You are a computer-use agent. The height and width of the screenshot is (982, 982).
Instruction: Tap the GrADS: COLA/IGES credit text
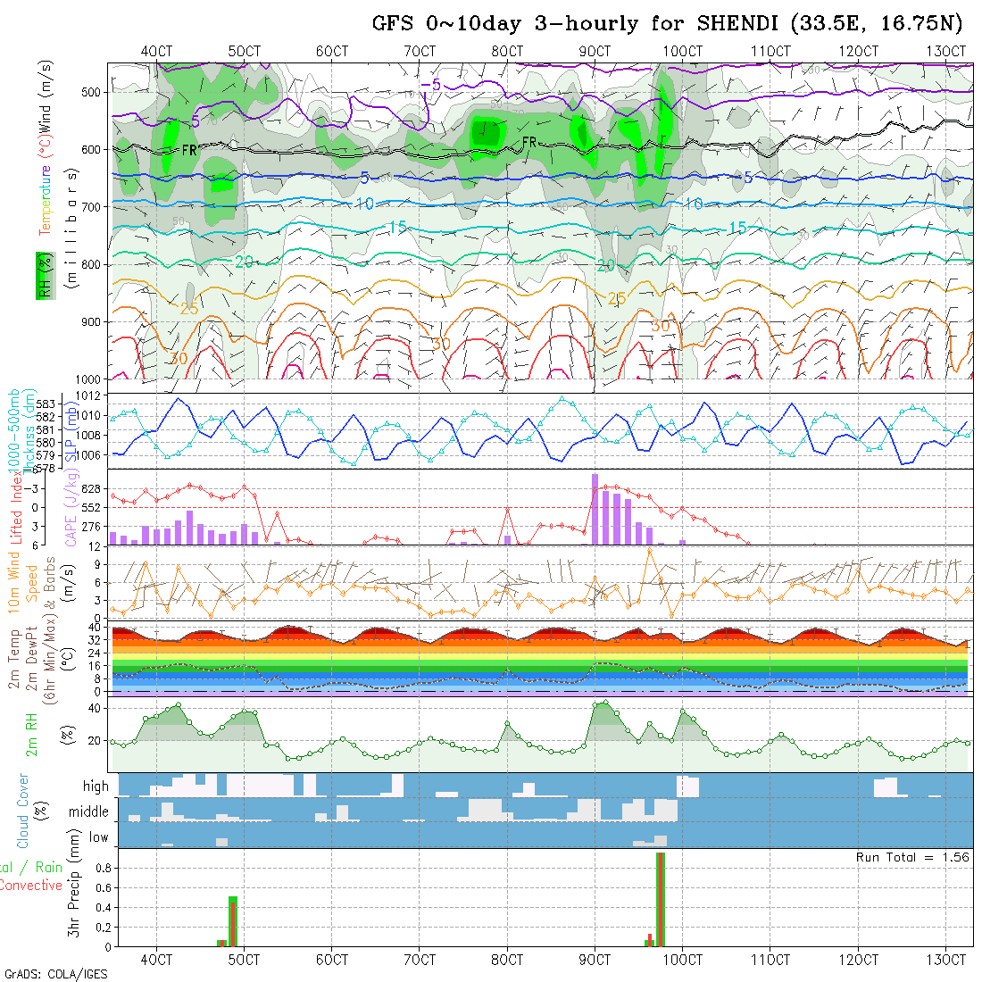coord(55,973)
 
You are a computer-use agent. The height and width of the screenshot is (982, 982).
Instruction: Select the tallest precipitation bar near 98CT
coord(661,899)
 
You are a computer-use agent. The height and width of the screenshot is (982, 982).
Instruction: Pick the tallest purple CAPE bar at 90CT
coord(595,509)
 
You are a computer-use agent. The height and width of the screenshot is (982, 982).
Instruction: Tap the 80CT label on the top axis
coord(507,51)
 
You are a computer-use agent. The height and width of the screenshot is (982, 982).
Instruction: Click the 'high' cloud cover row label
coord(96,786)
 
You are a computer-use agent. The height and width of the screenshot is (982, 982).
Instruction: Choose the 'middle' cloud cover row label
coord(89,812)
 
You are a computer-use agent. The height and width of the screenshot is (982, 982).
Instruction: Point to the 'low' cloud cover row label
coord(98,837)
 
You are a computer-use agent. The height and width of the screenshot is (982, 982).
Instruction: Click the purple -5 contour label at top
coord(431,85)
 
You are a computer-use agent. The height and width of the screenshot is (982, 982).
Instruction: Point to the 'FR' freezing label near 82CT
coord(529,142)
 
